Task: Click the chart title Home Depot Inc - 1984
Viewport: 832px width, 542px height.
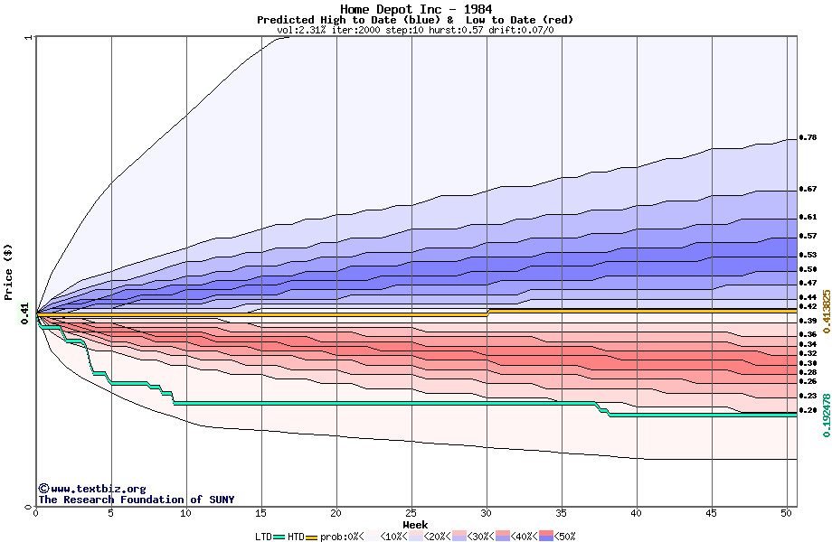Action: pos(416,9)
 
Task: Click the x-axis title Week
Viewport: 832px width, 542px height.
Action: pos(416,524)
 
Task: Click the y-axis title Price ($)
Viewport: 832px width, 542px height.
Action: pos(8,271)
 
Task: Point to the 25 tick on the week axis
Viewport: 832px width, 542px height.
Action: pos(411,513)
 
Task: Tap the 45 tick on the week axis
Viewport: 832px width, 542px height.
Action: pos(712,513)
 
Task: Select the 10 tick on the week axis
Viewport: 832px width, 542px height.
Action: pos(186,513)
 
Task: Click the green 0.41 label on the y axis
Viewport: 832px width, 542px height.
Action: pos(24,310)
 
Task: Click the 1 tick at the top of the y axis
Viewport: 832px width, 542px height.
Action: pos(29,38)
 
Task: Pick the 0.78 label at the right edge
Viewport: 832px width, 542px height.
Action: pos(808,138)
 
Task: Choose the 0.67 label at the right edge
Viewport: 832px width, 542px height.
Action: pos(808,190)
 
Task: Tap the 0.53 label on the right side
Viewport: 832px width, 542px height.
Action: pos(808,256)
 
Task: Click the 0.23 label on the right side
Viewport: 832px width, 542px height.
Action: pos(808,396)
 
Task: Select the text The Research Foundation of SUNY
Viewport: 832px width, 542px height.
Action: pos(136,500)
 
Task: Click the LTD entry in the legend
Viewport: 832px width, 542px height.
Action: pos(263,537)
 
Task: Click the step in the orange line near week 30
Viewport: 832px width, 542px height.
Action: pos(487,312)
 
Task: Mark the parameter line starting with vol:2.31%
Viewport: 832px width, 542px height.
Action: pos(416,30)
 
